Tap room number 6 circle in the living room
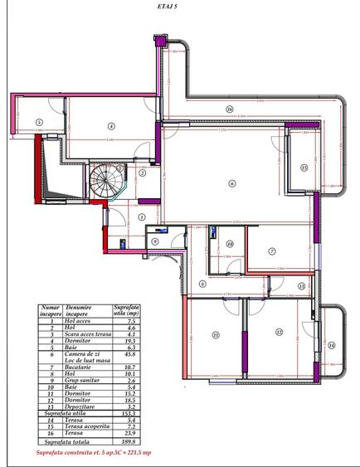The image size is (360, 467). point(232,184)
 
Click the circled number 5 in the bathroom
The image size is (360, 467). point(38,124)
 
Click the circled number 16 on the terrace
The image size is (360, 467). point(228,109)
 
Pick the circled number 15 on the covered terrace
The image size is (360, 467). point(304,168)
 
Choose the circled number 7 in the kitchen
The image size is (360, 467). point(273,251)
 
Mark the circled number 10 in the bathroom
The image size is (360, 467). point(230,243)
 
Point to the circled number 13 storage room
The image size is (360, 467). point(301,285)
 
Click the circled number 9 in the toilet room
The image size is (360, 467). point(154,241)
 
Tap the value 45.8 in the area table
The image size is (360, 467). point(125,355)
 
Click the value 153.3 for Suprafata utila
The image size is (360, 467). point(125,413)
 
